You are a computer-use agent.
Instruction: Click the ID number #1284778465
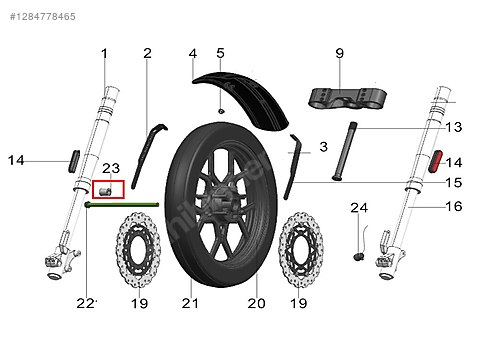[40, 17]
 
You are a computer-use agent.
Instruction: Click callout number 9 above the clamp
[339, 53]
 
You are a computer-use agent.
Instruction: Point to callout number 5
[220, 53]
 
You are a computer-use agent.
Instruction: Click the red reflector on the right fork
[437, 161]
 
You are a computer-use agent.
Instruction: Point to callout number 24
[360, 208]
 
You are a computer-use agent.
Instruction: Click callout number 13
[453, 127]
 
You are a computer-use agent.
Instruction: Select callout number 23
[110, 168]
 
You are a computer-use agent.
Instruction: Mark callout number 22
[87, 303]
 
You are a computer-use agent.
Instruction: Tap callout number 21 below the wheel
[185, 303]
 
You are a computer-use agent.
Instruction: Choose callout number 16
[453, 207]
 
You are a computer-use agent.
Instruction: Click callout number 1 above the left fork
[103, 53]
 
